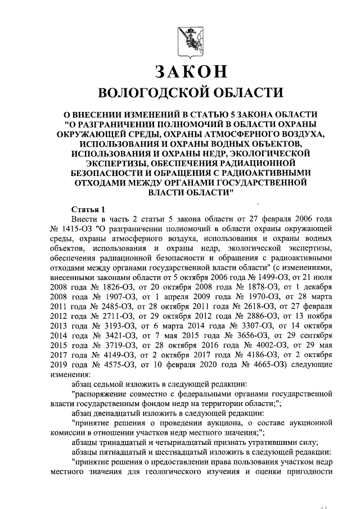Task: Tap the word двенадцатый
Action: (123, 413)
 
